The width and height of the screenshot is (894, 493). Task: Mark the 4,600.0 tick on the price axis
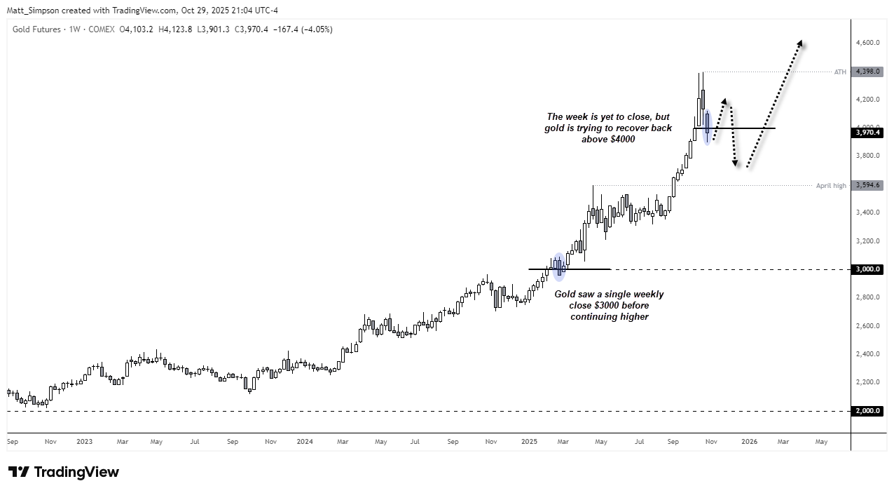tap(867, 43)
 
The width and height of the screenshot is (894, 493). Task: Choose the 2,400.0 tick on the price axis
tap(867, 354)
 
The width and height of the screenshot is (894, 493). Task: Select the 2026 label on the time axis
tap(749, 442)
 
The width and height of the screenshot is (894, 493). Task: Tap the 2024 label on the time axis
tap(304, 442)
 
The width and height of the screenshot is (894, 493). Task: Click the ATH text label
tap(840, 72)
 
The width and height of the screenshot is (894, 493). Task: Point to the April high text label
tap(831, 186)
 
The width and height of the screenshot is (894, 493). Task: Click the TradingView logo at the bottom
tap(64, 472)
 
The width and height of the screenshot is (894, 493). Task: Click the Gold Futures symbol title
tap(36, 29)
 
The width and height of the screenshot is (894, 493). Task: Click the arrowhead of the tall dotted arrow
tap(800, 43)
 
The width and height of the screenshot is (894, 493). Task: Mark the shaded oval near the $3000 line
tap(558, 267)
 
